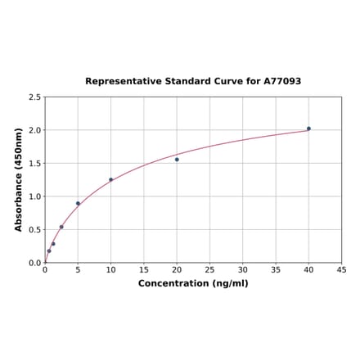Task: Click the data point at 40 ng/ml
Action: [308, 129]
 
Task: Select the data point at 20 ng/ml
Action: [177, 160]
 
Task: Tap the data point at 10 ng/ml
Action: [111, 179]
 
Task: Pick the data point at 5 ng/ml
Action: [78, 203]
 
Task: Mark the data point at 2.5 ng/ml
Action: [61, 227]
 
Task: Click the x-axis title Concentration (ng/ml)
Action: [193, 283]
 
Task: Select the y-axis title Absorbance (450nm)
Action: [19, 179]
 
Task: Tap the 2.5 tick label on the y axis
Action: [35, 97]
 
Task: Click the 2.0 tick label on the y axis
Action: [35, 130]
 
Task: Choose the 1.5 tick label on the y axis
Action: [35, 164]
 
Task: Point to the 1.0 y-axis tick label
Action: [35, 196]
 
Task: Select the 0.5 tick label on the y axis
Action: [35, 230]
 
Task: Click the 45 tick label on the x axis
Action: [342, 269]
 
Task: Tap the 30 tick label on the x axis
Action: [243, 269]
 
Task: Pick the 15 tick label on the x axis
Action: [144, 269]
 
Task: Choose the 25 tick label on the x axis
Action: [209, 269]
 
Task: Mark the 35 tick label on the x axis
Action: [276, 269]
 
